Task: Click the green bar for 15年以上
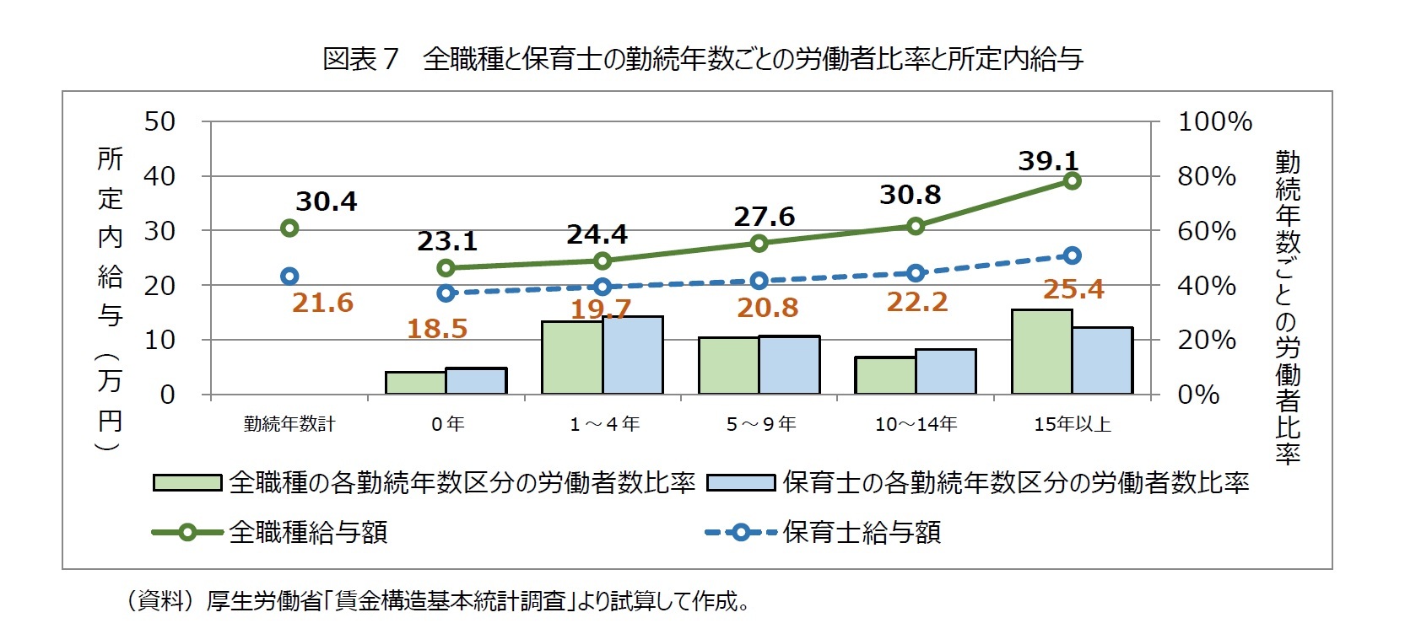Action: pyautogui.click(x=1041, y=352)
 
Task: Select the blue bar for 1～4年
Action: pyautogui.click(x=633, y=355)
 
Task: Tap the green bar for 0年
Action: pyautogui.click(x=415, y=383)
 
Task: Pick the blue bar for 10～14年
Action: pyautogui.click(x=945, y=371)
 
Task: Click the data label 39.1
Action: pyautogui.click(x=1048, y=160)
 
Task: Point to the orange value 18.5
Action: pyautogui.click(x=436, y=329)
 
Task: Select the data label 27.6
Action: pyautogui.click(x=764, y=217)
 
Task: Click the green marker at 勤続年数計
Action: pyautogui.click(x=289, y=228)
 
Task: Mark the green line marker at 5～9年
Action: pyautogui.click(x=759, y=243)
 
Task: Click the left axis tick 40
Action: pyautogui.click(x=159, y=176)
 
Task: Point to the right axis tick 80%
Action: pyautogui.click(x=1206, y=176)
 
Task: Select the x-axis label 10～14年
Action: pyautogui.click(x=916, y=424)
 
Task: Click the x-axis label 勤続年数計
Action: pyautogui.click(x=289, y=424)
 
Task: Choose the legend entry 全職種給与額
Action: pyautogui.click(x=308, y=532)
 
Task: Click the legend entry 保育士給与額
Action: pyautogui.click(x=862, y=532)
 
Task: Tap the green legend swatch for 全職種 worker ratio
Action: pyautogui.click(x=187, y=482)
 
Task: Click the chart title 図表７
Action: pyautogui.click(x=359, y=59)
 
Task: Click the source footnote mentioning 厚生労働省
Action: pyautogui.click(x=437, y=601)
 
